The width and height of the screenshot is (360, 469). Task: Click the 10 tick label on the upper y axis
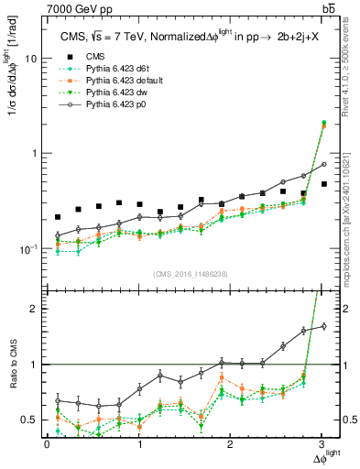pos(30,58)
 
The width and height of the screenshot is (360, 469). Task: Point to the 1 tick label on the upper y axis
pos(34,154)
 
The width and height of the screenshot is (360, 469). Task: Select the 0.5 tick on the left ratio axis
pos(30,420)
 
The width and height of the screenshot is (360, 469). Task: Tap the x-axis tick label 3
pos(322,444)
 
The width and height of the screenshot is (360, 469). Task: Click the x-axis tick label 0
pos(47,444)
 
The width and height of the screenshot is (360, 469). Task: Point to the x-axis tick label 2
pos(231,444)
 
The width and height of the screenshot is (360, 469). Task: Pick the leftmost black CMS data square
pos(58,217)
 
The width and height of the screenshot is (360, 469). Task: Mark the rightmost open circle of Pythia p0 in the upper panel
pos(323,165)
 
